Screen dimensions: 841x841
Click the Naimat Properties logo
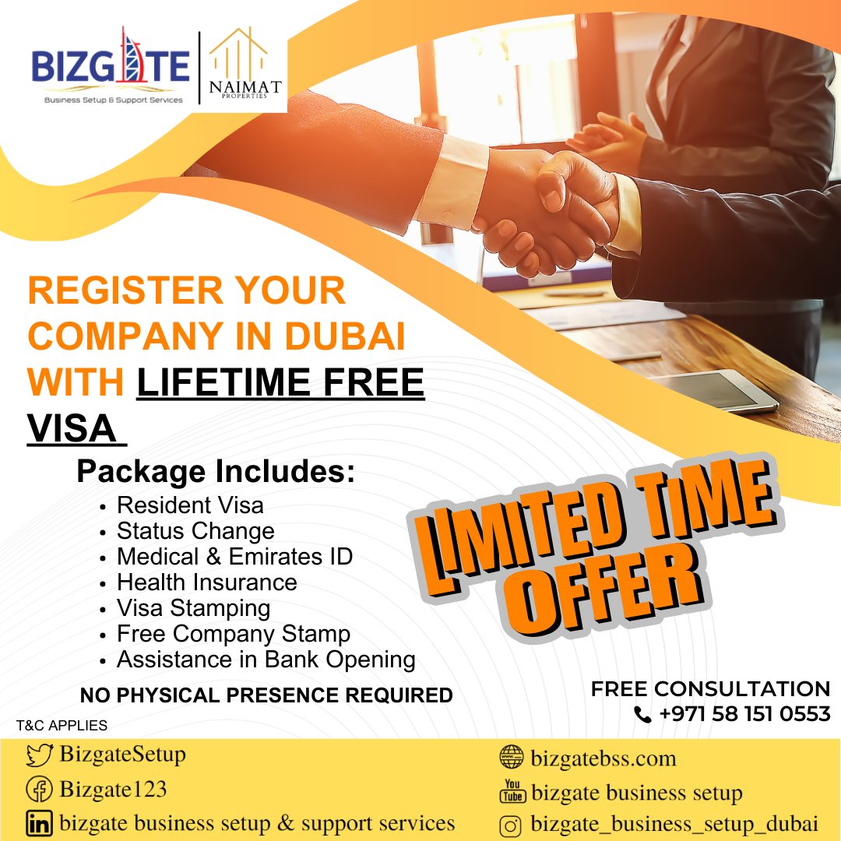click(239, 66)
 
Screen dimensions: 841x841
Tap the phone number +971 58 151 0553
click(744, 713)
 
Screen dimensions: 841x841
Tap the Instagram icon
click(511, 825)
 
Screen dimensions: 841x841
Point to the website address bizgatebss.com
click(603, 758)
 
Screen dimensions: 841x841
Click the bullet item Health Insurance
click(206, 582)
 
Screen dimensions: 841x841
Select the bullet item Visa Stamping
click(193, 608)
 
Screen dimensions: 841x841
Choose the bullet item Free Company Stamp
click(233, 634)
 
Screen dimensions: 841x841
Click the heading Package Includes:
click(215, 472)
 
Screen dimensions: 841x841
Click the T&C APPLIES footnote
click(62, 726)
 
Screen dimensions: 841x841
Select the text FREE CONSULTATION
click(710, 689)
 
